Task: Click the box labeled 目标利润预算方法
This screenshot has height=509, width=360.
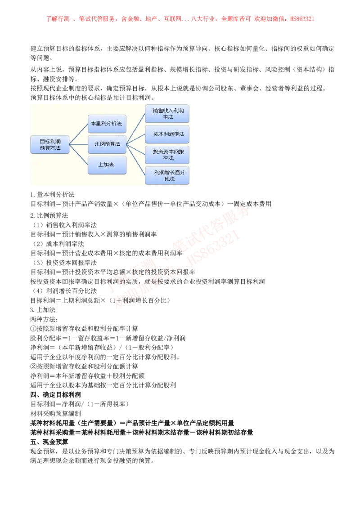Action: coord(49,144)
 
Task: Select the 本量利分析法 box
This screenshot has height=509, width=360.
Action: coord(107,123)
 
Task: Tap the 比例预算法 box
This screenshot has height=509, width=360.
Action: coord(107,144)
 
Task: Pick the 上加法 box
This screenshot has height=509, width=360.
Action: coord(107,165)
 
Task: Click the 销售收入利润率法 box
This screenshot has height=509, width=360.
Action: coord(167,113)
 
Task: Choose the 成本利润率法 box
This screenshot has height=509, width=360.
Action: coord(167,134)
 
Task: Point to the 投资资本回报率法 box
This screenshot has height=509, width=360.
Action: coord(167,155)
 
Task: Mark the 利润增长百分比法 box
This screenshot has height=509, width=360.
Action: coord(167,175)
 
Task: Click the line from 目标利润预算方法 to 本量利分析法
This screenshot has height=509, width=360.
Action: coord(79,134)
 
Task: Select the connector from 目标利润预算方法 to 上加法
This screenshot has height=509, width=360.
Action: coord(79,155)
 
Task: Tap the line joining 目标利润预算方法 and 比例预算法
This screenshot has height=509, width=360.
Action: coord(79,144)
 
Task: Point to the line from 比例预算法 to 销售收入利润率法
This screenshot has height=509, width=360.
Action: coord(135,129)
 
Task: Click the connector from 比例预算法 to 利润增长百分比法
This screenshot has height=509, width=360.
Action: coord(135,160)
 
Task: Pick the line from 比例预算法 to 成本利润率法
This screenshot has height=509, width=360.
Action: coord(135,139)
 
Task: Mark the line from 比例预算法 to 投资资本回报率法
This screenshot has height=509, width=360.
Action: coord(135,149)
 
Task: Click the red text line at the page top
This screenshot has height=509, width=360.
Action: coord(180,19)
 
